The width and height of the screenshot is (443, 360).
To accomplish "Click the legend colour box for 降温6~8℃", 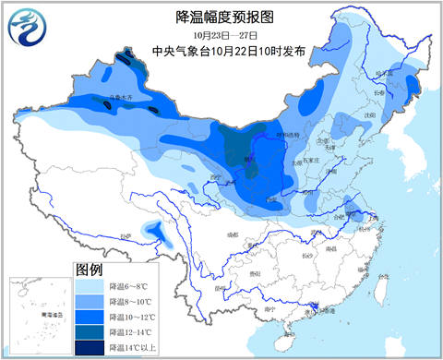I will (90, 287).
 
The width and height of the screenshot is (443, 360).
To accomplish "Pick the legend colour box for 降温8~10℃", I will (90, 302).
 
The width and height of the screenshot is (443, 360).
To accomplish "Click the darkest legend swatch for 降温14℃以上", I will (90, 346).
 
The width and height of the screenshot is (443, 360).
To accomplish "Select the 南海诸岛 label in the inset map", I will (37, 340).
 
